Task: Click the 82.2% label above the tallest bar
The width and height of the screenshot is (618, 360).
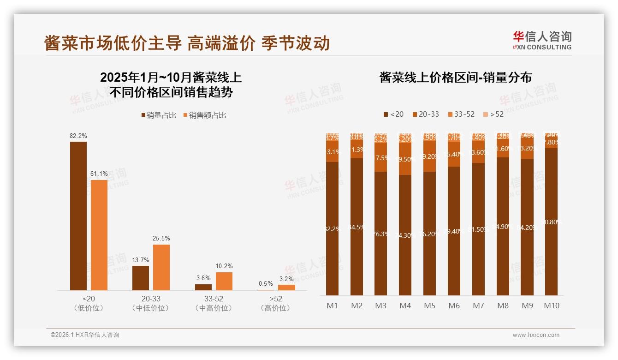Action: click(78, 136)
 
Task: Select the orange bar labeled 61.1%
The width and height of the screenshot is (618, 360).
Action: click(99, 235)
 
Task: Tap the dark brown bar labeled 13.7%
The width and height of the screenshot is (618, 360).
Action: click(141, 278)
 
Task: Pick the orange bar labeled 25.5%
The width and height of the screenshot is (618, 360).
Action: click(161, 267)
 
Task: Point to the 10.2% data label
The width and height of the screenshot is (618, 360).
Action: click(224, 266)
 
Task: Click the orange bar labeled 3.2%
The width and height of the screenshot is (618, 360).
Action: click(286, 288)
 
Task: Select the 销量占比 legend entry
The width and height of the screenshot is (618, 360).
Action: click(159, 115)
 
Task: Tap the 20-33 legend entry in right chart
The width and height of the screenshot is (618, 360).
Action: click(425, 114)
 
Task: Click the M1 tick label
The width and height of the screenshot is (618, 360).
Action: click(332, 306)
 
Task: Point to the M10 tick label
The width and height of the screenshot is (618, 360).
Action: click(551, 306)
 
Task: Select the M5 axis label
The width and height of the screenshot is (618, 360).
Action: click(429, 306)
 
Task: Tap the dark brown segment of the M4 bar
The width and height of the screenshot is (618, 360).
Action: click(405, 235)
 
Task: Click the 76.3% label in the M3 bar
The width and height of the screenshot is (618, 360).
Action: click(380, 234)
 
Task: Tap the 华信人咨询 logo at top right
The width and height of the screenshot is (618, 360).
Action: click(542, 41)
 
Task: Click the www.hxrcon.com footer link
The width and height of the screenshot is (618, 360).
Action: click(536, 335)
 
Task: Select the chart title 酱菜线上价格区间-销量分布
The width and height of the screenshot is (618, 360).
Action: click(456, 78)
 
